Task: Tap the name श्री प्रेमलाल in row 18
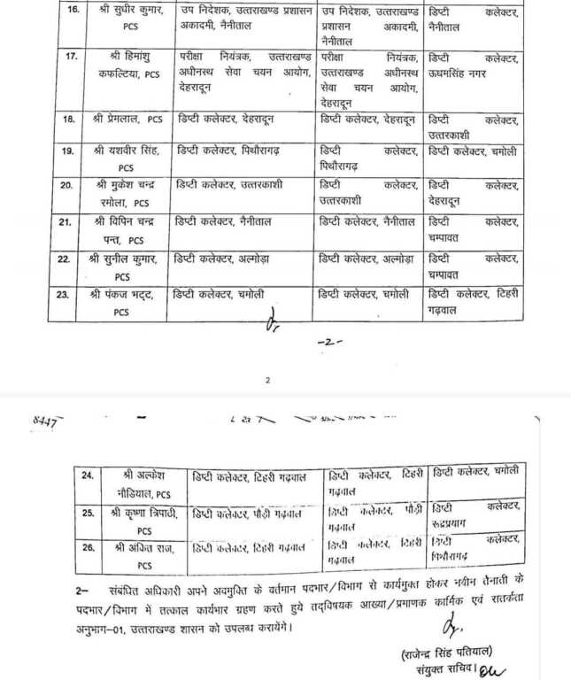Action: (127, 119)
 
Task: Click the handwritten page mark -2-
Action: (330, 341)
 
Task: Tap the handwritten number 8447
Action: (40, 423)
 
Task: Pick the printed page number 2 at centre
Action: (267, 381)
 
